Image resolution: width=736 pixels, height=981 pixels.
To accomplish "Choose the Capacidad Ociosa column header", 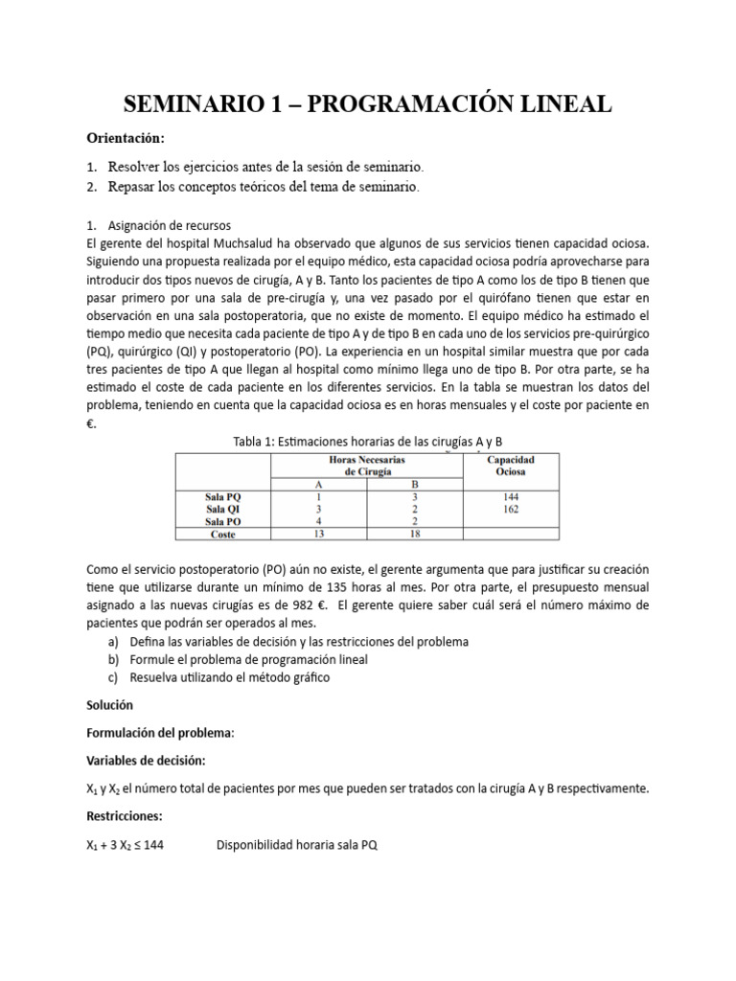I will point(510,466).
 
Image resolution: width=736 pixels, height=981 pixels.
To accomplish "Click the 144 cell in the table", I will point(510,497).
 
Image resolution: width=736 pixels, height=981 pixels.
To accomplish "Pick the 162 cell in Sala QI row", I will point(510,510).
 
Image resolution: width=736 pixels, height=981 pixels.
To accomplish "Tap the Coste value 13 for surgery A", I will point(320,535).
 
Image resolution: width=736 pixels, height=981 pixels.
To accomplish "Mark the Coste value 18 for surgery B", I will point(414,535).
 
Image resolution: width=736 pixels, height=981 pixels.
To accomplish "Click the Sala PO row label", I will point(222,522).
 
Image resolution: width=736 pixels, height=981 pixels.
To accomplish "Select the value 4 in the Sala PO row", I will point(320,522).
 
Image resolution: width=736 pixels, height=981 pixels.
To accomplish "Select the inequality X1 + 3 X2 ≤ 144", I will point(125,845).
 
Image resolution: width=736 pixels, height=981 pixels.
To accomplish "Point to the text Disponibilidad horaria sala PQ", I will point(297,845).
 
